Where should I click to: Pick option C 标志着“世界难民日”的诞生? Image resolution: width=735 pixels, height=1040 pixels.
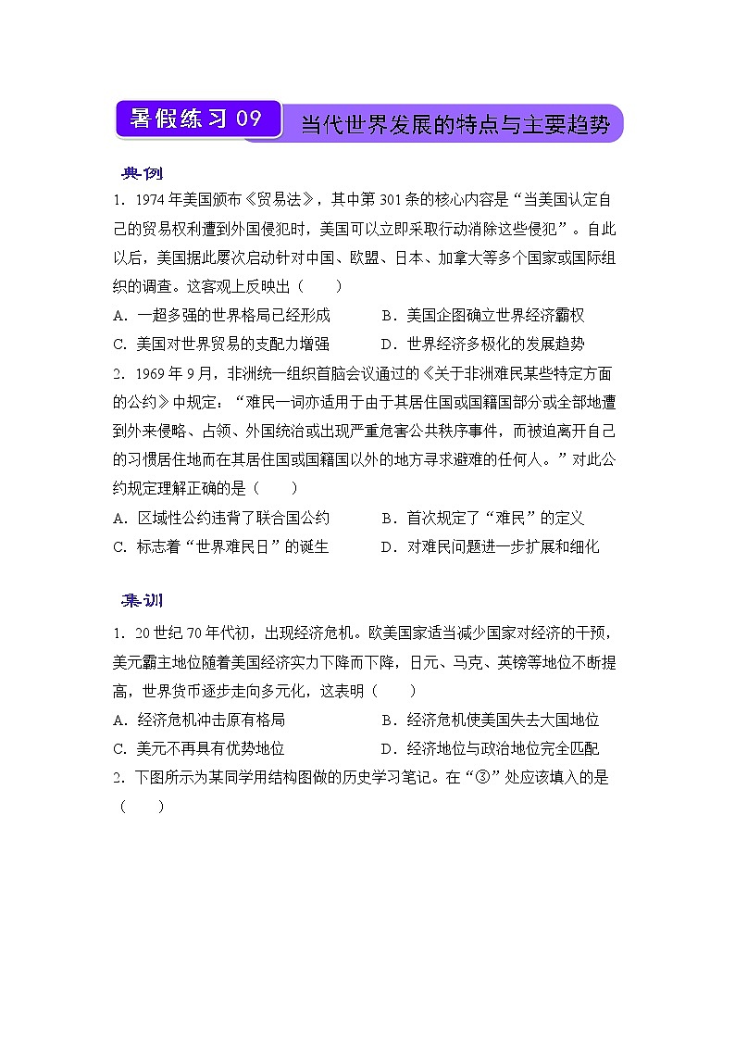pos(221,546)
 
